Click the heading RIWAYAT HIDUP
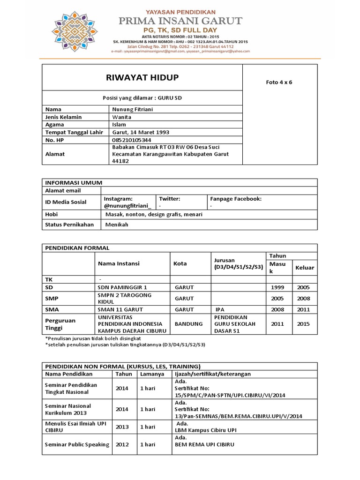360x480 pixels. [142, 78]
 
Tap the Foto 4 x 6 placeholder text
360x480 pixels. [279, 82]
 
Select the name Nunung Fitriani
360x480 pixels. [133, 109]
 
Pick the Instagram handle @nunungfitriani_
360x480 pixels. [127, 206]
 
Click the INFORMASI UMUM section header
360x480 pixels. [74, 182]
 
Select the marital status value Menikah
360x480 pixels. [117, 225]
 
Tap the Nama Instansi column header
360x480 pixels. [119, 263]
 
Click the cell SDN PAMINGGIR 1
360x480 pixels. [122, 287]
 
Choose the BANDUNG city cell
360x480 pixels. [188, 324]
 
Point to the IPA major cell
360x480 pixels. [220, 309]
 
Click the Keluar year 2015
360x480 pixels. [303, 324]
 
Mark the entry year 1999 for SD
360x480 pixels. [277, 287]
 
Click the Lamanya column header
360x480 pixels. [152, 374]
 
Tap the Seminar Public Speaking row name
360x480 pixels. [77, 444]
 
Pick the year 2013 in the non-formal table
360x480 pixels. [122, 427]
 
